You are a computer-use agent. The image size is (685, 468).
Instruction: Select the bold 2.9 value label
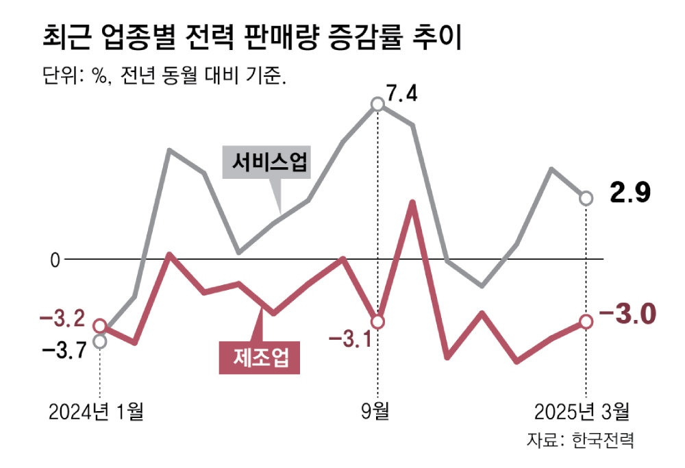pyautogui.click(x=630, y=194)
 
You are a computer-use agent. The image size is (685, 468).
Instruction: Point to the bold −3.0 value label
pyautogui.click(x=627, y=316)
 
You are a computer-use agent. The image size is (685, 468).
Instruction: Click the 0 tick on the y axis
pyautogui.click(x=55, y=260)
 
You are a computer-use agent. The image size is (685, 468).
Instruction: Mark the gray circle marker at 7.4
pyautogui.click(x=377, y=104)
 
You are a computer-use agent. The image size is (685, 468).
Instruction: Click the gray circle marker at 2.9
pyautogui.click(x=586, y=198)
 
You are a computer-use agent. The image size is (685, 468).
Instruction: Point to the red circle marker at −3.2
pyautogui.click(x=99, y=325)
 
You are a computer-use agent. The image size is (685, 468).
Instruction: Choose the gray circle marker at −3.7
pyautogui.click(x=99, y=341)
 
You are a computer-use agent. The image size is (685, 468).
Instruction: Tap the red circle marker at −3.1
pyautogui.click(x=377, y=321)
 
